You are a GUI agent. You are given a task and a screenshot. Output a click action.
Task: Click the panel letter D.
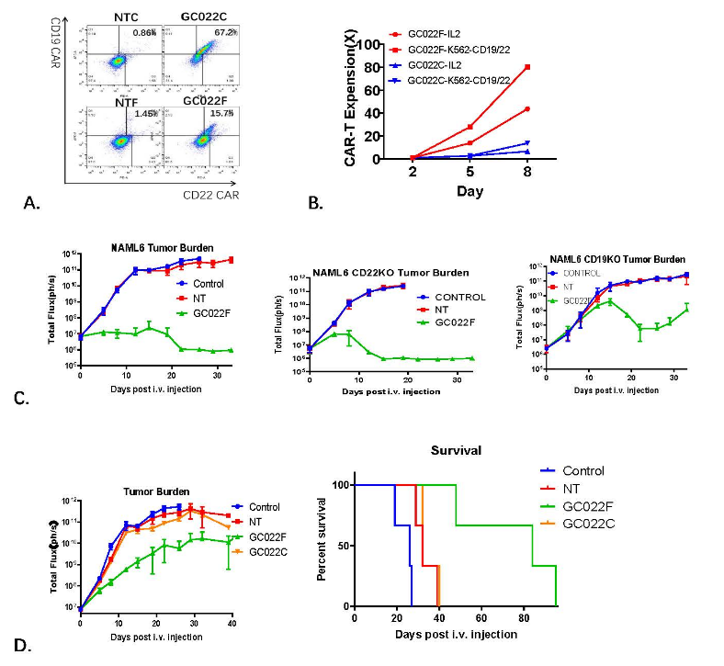tap(39, 647)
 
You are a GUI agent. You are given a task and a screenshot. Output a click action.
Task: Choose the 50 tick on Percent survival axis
tap(343, 546)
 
